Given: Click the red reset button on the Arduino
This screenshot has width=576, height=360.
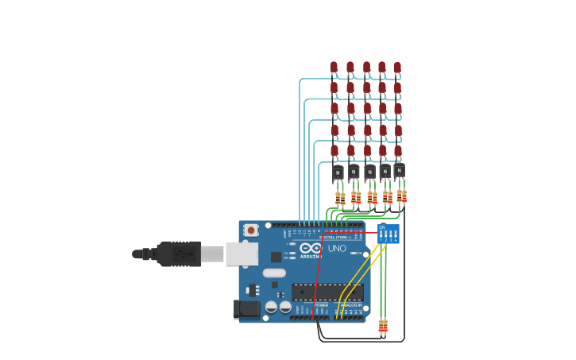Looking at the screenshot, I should coord(251,230).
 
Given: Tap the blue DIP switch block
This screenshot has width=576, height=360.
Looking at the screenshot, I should coord(389,234).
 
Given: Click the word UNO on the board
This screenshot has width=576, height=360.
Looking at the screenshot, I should coord(337,249).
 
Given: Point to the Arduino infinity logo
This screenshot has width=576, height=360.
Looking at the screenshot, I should coord(311,248).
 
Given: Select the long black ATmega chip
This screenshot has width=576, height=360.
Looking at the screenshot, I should coord(327,292).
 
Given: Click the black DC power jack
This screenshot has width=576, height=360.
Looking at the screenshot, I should coord(248,309).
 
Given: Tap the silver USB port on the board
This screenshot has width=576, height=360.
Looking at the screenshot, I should coord(242,254).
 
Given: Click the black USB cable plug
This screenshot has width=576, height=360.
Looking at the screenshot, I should coord(178,254).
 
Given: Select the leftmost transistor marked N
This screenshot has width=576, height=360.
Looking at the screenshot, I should coord(338,172).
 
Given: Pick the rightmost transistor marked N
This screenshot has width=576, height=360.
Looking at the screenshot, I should coord(399,170).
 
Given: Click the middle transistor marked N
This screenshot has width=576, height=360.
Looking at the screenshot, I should coord(369,172).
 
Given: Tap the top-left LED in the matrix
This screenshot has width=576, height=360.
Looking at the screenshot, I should coord(334,68).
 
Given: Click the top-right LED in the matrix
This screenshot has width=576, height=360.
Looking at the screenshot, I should coord(397,68).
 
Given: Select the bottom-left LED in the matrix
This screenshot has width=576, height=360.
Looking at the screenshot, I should coord(334,150).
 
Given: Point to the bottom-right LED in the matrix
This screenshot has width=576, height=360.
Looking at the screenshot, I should coord(398,150).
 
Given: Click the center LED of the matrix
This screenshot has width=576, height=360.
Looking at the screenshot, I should coord(367,109).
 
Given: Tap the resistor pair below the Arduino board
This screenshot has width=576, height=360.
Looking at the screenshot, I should coord(383,326).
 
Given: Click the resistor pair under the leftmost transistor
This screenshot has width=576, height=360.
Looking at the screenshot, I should coord(340,198).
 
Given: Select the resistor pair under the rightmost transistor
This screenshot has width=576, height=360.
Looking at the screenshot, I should coord(401,195).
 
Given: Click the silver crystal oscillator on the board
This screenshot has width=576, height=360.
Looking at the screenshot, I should coord(269,273).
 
